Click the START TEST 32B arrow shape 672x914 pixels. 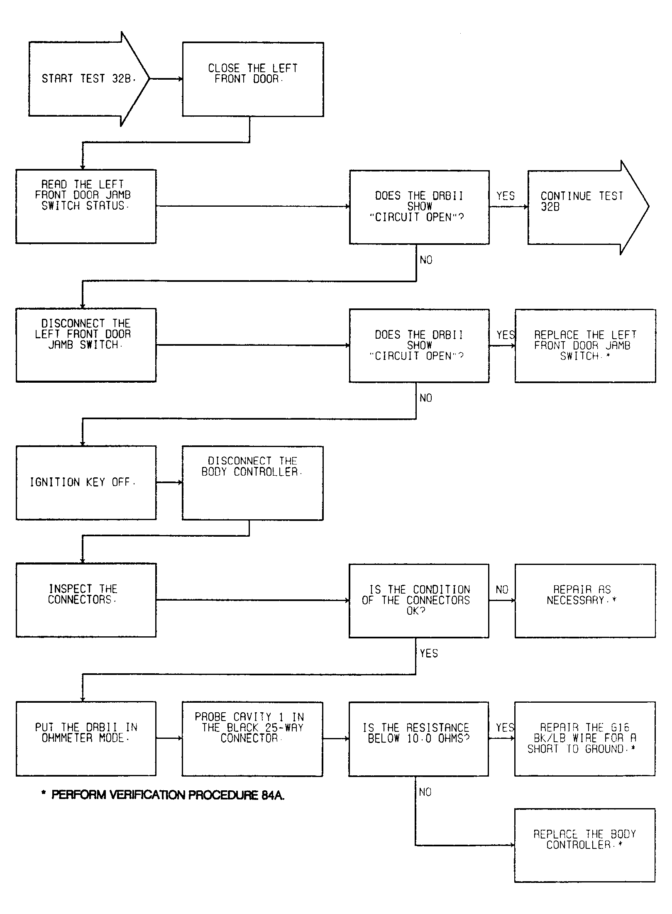click(89, 79)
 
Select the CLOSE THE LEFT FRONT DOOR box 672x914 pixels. click(253, 79)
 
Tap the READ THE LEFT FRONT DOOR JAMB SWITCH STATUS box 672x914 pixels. click(86, 206)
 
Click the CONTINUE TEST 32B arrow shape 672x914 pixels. click(588, 207)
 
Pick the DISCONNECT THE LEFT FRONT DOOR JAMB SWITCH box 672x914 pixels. click(86, 345)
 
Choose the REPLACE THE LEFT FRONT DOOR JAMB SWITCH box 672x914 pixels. click(585, 345)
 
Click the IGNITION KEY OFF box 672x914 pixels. click(86, 483)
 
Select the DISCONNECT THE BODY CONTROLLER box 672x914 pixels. click(252, 483)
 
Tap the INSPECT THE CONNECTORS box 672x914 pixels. click(86, 600)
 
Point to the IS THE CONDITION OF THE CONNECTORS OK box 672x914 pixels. click(419, 601)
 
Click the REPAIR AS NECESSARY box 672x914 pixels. click(585, 601)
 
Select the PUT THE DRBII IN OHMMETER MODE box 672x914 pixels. click(86, 739)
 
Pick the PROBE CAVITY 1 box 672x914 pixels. click(252, 739)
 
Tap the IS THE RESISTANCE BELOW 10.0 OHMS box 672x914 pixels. click(418, 739)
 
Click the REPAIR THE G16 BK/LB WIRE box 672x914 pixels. click(585, 739)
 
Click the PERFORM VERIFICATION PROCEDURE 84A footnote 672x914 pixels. click(163, 795)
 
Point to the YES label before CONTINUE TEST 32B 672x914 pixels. click(506, 196)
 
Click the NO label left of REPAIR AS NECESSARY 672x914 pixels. click(502, 590)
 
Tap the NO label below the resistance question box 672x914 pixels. click(425, 792)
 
